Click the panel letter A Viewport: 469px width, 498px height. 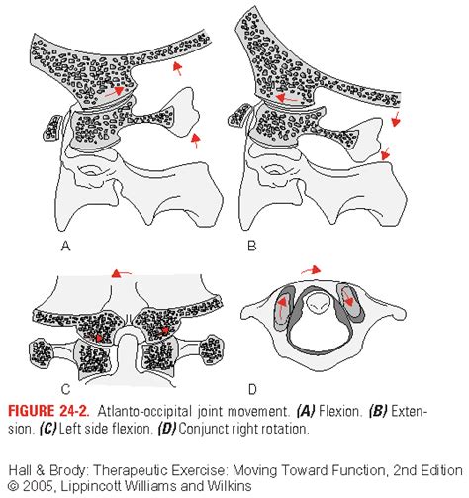point(66,246)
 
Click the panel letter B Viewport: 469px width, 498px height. point(251,246)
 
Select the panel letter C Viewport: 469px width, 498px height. point(66,389)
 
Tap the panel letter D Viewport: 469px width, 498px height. point(252,389)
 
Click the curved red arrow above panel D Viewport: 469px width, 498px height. point(311,270)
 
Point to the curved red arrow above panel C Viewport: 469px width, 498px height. point(121,273)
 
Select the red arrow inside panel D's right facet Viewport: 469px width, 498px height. point(348,297)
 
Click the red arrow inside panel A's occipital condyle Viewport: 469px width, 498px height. point(114,92)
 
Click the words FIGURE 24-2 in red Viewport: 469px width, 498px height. point(48,411)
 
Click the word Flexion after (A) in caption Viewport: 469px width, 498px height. point(339,411)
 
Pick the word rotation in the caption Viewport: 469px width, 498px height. point(285,429)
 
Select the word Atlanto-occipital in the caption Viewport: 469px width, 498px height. point(144,411)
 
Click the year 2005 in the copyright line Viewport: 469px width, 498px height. point(39,486)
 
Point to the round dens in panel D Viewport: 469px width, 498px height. point(318,302)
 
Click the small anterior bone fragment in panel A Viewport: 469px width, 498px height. point(52,128)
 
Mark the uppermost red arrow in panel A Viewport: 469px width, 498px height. point(178,68)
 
